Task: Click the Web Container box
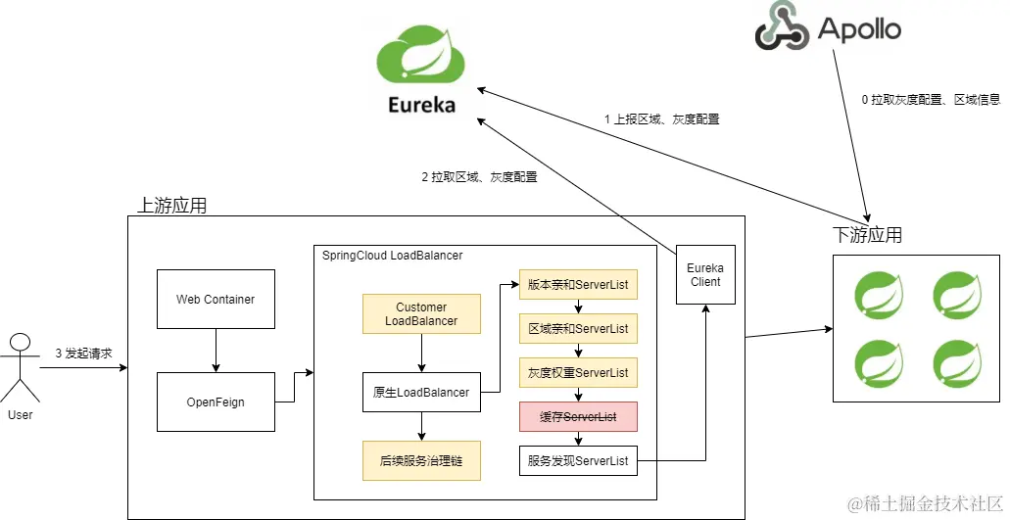tap(216, 299)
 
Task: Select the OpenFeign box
tap(216, 402)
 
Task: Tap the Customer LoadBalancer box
tap(421, 314)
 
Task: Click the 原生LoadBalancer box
tap(421, 393)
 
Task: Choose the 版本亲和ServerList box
tap(578, 285)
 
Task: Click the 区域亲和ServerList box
tap(578, 329)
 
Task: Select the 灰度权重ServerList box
tap(578, 373)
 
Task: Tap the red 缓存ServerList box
tap(578, 417)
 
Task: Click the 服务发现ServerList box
tap(578, 461)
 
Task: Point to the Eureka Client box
tap(704, 274)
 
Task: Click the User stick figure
tap(20, 367)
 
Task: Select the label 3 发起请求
tap(84, 353)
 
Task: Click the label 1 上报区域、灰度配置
tap(661, 119)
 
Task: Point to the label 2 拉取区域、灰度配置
tap(479, 178)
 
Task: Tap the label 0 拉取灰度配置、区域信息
tap(931, 100)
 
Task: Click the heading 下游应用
tap(867, 235)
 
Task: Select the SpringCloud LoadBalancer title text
tap(392, 256)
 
